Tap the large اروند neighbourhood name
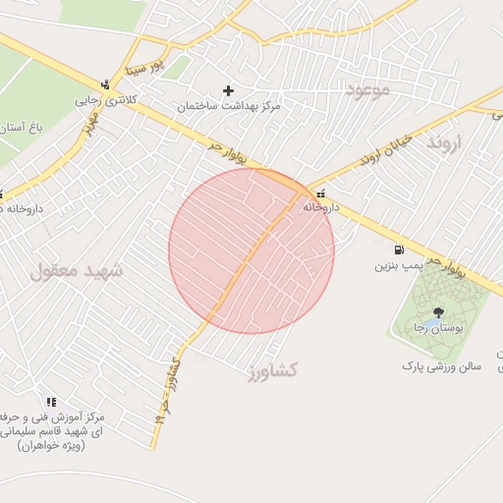pos(451,144)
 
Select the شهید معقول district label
pos(78,270)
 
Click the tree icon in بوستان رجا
pos(437,311)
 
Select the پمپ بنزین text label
pos(398,266)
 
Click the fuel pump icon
pos(399,251)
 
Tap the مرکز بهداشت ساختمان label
pos(229,105)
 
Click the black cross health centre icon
pos(229,90)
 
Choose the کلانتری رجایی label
pos(103,99)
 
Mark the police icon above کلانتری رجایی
pos(105,84)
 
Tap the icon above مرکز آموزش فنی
pos(51,402)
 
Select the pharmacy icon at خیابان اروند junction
pos(321,193)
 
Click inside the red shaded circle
pos(251,251)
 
